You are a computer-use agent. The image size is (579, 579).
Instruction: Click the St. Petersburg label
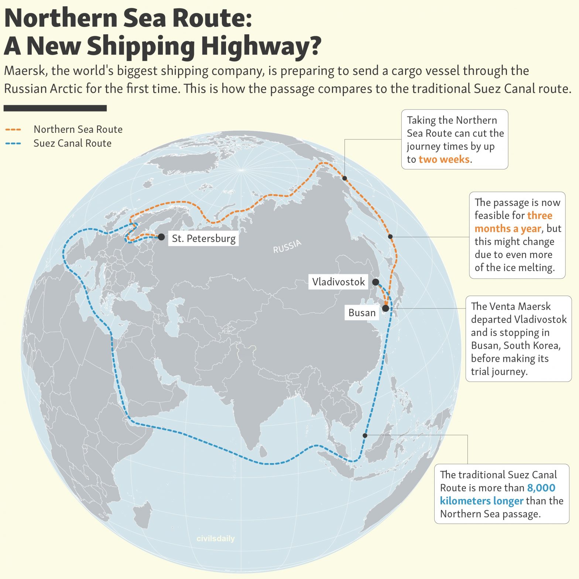pyautogui.click(x=203, y=238)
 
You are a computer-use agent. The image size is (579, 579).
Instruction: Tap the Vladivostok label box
pyautogui.click(x=338, y=282)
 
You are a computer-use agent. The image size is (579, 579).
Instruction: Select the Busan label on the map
pyautogui.click(x=362, y=313)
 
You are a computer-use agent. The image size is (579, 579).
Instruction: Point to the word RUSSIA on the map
pyautogui.click(x=287, y=247)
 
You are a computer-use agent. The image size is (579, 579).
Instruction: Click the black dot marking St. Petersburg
pyautogui.click(x=161, y=237)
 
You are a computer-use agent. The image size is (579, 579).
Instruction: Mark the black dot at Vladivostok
pyautogui.click(x=376, y=282)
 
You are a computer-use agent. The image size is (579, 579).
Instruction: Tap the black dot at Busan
pyautogui.click(x=386, y=308)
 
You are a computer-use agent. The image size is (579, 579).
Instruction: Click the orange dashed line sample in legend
pyautogui.click(x=13, y=130)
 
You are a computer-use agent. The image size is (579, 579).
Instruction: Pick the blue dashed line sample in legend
pyautogui.click(x=13, y=143)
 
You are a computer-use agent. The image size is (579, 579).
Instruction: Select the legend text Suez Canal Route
pyautogui.click(x=72, y=143)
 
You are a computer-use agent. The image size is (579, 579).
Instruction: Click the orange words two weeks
pyautogui.click(x=444, y=159)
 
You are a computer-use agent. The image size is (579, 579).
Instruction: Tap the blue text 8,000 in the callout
pyautogui.click(x=541, y=488)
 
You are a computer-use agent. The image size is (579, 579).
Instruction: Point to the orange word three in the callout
pyautogui.click(x=540, y=215)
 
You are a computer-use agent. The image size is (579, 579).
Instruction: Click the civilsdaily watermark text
pyautogui.click(x=216, y=538)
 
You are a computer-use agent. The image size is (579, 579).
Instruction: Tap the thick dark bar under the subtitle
pyautogui.click(x=55, y=108)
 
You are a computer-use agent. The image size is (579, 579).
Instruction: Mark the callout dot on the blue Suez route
pyautogui.click(x=365, y=435)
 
